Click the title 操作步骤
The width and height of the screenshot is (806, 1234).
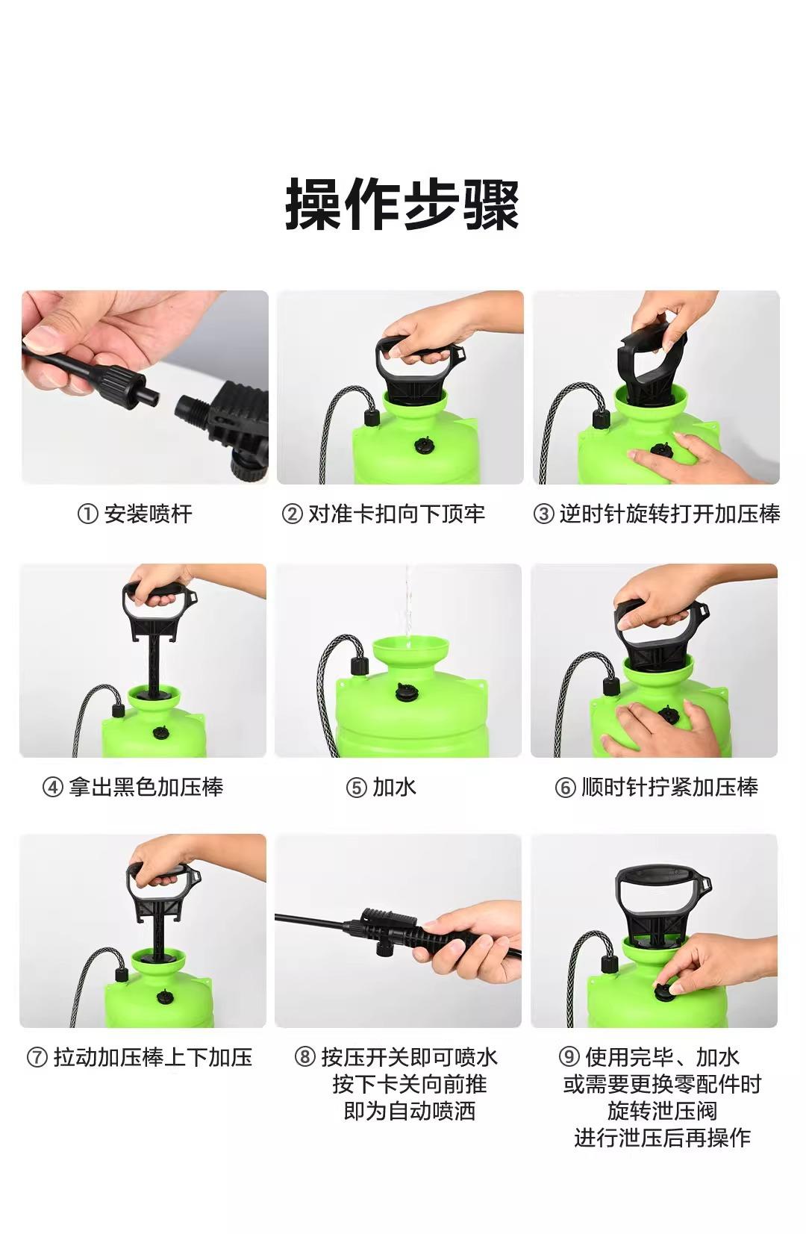(402, 204)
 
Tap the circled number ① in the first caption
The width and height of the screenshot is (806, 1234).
(87, 514)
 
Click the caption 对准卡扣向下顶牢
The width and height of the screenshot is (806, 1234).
(396, 514)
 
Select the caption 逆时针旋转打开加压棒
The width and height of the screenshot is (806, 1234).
(669, 514)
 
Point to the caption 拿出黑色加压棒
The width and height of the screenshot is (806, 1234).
(146, 788)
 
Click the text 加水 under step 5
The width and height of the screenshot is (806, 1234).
(394, 788)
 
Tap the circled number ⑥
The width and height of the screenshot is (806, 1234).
(566, 788)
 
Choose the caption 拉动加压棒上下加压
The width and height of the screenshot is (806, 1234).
(152, 1057)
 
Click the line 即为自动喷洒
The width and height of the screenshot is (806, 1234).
(410, 1111)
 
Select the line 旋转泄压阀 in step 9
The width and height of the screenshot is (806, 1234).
(662, 1111)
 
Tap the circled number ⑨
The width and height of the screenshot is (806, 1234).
(569, 1057)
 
